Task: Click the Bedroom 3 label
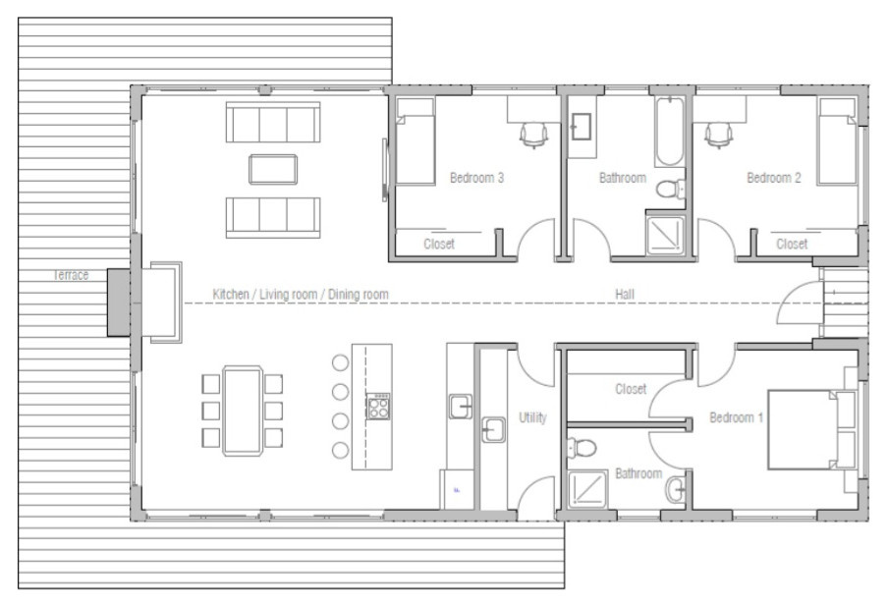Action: (476, 178)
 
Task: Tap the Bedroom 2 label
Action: (774, 178)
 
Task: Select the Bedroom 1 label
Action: (736, 417)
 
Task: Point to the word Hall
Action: (625, 294)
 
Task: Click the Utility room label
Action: (533, 417)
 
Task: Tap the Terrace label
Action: (71, 275)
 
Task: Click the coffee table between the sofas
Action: (273, 169)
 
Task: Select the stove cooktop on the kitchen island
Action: (378, 407)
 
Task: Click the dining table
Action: (243, 411)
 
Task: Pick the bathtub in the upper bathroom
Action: (670, 131)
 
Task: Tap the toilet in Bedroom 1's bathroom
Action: (582, 448)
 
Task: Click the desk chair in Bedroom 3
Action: (533, 136)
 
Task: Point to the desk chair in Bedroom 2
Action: (719, 136)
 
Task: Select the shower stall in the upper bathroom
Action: (665, 235)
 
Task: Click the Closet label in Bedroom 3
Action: (439, 244)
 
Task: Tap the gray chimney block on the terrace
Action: (119, 303)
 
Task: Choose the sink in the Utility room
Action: (494, 430)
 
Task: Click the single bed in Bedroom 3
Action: (416, 141)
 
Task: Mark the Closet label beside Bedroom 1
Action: (631, 389)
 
